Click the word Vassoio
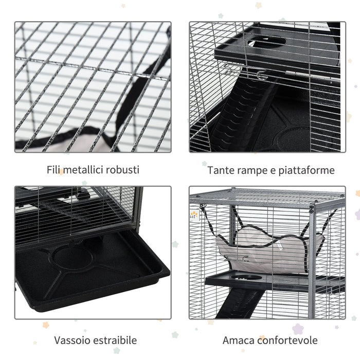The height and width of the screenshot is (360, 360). [70, 340]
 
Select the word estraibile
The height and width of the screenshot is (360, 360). [113, 340]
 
